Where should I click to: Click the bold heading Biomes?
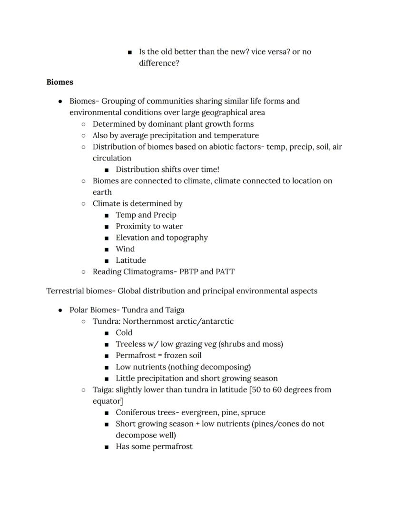coord(59,82)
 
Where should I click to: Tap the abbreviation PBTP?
coord(189,271)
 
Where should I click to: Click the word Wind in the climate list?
coord(125,249)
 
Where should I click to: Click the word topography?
coord(187,237)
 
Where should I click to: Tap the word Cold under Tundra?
coord(124,332)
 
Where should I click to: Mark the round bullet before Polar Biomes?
coord(60,310)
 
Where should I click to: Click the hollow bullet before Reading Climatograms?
coord(83,272)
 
